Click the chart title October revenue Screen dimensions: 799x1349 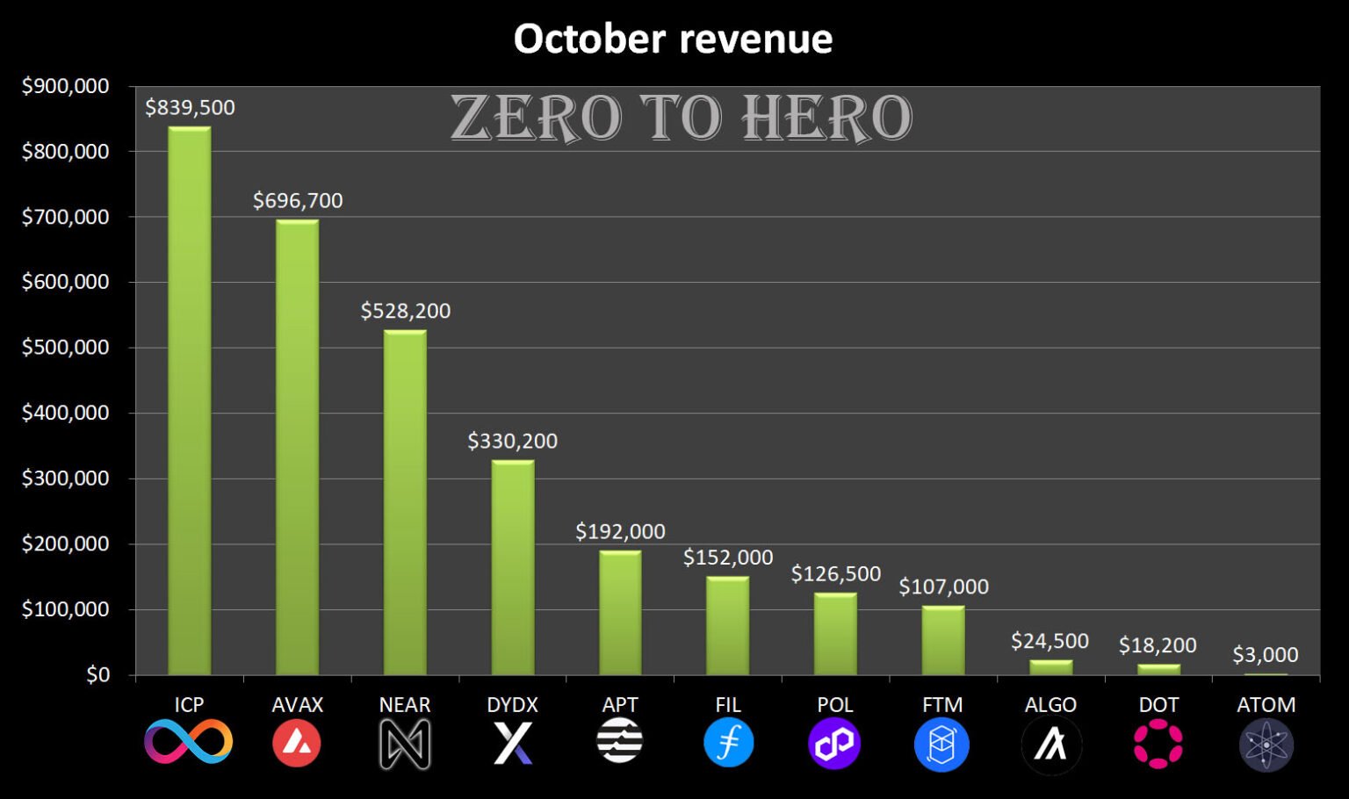point(673,39)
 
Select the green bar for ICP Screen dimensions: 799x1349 point(190,400)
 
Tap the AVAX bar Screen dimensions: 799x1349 point(298,447)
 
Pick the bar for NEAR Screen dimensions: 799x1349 point(405,502)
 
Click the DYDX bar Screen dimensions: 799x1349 point(513,567)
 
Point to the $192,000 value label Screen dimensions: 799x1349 point(620,531)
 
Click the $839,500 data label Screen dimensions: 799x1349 point(190,107)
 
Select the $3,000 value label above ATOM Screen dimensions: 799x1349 point(1265,654)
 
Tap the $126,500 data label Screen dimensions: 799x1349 point(835,573)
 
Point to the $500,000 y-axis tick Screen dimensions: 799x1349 point(65,347)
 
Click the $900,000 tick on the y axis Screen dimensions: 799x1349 point(65,86)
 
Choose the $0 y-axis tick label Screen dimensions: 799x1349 point(97,674)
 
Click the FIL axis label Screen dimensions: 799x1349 point(728,704)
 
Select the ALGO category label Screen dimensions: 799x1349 point(1050,704)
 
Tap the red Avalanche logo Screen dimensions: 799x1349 point(297,743)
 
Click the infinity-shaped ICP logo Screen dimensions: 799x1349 point(189,742)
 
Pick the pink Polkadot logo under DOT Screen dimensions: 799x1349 point(1158,743)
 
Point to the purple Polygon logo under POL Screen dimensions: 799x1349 point(834,743)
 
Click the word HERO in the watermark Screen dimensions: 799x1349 point(826,119)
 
